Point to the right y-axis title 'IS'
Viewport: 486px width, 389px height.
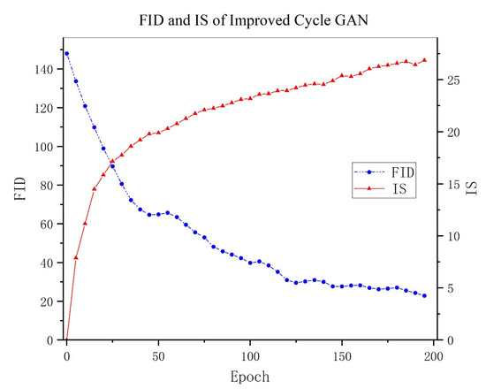472,187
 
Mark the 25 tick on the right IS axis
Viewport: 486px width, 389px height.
451,80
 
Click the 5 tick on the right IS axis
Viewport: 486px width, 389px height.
448,288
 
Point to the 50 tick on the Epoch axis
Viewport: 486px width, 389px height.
158,355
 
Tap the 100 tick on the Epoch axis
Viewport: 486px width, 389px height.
250,355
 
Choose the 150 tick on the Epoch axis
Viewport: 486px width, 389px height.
342,355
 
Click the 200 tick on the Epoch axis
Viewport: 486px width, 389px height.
433,355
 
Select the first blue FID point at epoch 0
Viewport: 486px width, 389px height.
66,53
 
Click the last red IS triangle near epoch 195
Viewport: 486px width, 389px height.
424,60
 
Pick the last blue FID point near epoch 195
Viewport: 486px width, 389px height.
424,296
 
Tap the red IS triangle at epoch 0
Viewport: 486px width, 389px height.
66,339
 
